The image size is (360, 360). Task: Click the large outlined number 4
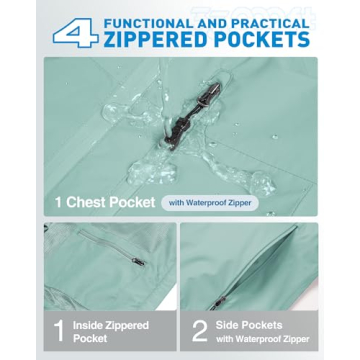click(x=76, y=33)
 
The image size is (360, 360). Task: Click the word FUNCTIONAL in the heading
click(x=147, y=24)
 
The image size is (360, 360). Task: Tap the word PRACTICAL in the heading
click(x=269, y=24)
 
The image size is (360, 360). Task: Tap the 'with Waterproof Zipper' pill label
click(x=210, y=203)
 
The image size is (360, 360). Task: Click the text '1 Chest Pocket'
click(x=106, y=202)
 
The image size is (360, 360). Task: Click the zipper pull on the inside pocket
click(x=138, y=262)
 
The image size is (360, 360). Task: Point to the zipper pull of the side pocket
click(x=217, y=303)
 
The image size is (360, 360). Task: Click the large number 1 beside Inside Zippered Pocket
click(x=59, y=331)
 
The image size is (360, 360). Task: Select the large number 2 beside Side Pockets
click(x=200, y=331)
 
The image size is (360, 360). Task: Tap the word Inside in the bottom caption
click(x=88, y=325)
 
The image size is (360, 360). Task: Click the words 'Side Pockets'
click(x=249, y=325)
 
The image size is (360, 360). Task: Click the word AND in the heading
click(x=210, y=24)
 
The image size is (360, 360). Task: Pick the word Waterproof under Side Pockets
click(x=261, y=339)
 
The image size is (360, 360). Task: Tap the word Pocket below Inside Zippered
click(x=90, y=339)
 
